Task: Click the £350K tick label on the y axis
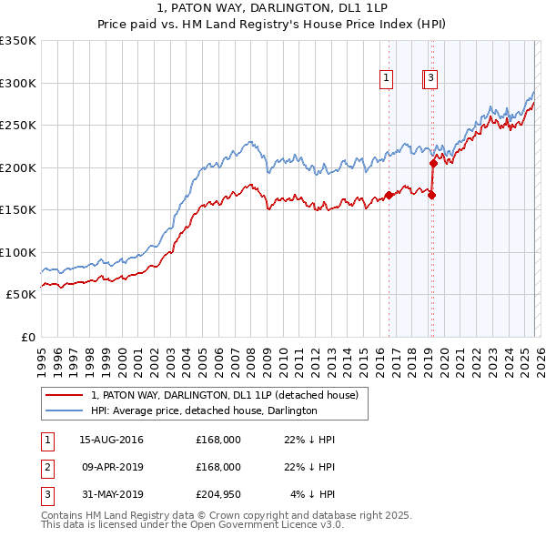tap(18, 41)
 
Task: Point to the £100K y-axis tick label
tap(18, 252)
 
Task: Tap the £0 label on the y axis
tap(27, 337)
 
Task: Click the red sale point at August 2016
tap(389, 195)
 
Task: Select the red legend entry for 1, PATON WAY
tap(225, 395)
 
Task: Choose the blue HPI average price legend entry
tap(203, 410)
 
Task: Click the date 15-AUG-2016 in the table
tap(111, 440)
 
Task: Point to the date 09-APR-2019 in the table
tap(111, 467)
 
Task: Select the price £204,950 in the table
tap(217, 494)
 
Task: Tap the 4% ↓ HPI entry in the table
tap(313, 494)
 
